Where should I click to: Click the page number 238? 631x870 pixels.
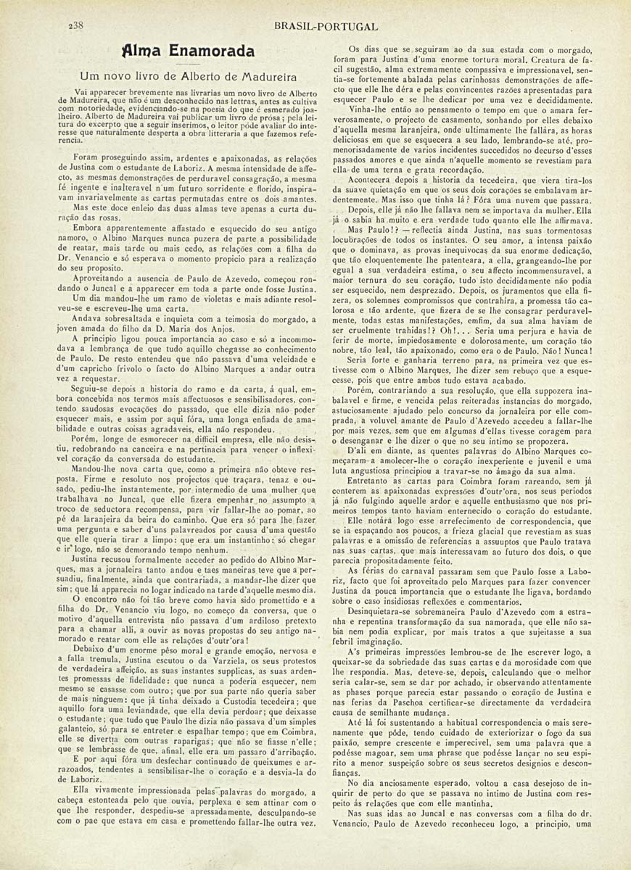(75, 26)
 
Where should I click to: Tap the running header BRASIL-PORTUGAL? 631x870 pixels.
(326, 26)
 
